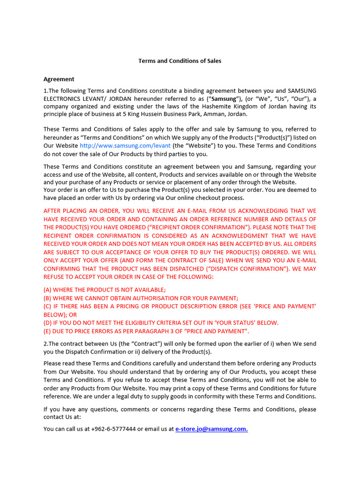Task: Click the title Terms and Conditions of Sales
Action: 180,61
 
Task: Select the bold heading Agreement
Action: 59,79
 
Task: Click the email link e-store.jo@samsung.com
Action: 211,429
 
